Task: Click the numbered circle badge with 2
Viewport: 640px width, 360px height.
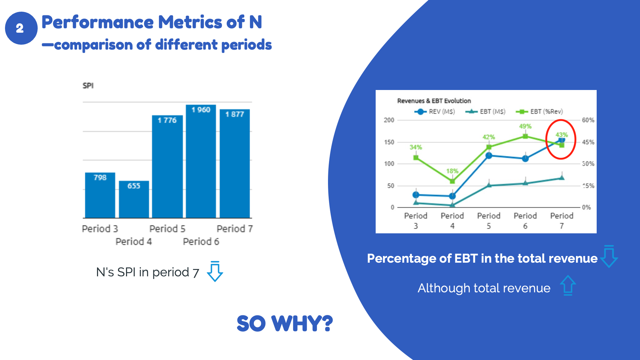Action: tap(21, 28)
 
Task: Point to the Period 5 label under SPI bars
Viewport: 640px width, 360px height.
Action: tap(167, 229)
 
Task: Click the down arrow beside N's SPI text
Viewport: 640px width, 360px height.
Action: tap(215, 271)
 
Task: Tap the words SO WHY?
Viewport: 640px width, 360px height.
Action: tap(285, 323)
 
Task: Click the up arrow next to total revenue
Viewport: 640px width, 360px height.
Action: tap(568, 285)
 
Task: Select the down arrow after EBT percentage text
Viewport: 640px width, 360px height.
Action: tap(609, 256)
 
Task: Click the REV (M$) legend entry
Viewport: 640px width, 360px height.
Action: tap(435, 112)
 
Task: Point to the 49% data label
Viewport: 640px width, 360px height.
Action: tap(525, 126)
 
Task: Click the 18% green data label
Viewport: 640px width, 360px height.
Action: tap(452, 171)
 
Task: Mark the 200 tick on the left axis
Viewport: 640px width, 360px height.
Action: tap(389, 120)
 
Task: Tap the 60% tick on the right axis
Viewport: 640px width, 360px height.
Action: tap(588, 120)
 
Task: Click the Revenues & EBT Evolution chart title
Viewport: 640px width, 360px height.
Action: tap(434, 101)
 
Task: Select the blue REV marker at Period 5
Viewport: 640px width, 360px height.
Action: tap(489, 156)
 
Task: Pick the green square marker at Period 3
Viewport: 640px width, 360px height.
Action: tap(416, 158)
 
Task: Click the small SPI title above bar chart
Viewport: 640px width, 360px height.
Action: tap(88, 86)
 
